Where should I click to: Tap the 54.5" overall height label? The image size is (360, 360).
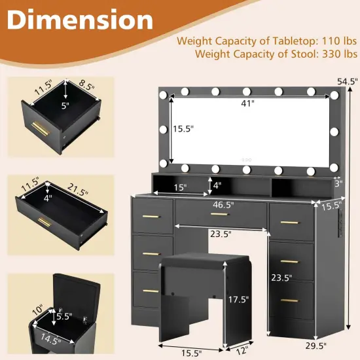348,81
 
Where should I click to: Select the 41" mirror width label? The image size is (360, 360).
247,103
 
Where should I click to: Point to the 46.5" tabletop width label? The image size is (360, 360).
223,205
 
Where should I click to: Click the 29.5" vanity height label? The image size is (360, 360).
316,346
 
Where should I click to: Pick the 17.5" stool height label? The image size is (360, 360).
238,299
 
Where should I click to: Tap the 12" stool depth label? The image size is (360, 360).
241,350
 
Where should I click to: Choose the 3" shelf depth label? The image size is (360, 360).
338,183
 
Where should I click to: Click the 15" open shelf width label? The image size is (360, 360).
180,188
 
